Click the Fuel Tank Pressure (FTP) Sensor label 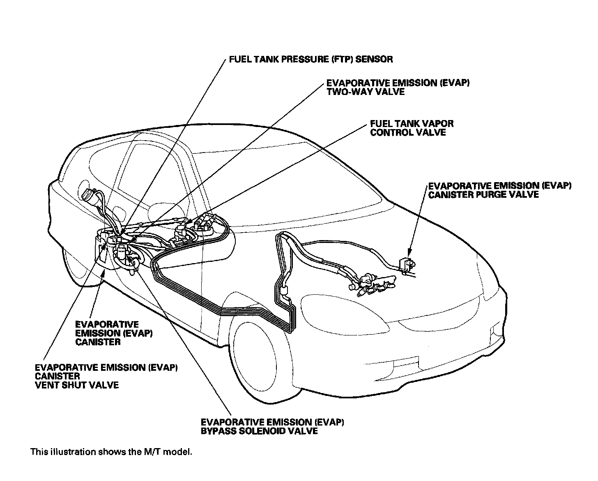(310, 59)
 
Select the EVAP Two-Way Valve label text (398, 87)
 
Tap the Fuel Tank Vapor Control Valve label (412, 128)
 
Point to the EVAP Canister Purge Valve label (499, 190)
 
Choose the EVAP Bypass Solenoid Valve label (272, 426)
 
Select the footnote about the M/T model (111, 452)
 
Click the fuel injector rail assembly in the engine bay (374, 284)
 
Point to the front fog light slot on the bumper (407, 364)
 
